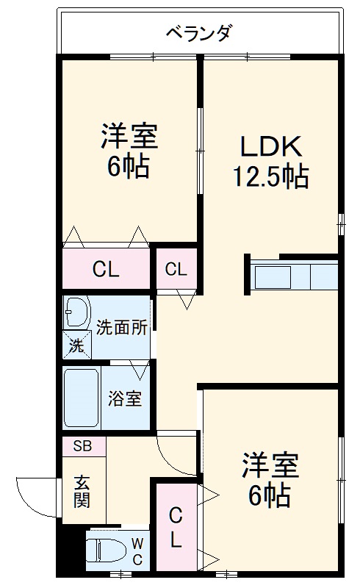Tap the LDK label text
tap(270, 146)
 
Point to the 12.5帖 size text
tap(270, 176)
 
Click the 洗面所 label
tap(122, 328)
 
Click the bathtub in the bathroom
tap(82, 398)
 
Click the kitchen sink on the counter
tap(273, 277)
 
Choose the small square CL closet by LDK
tap(175, 269)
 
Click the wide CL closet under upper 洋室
tap(105, 269)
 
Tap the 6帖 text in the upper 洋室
tap(129, 168)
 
